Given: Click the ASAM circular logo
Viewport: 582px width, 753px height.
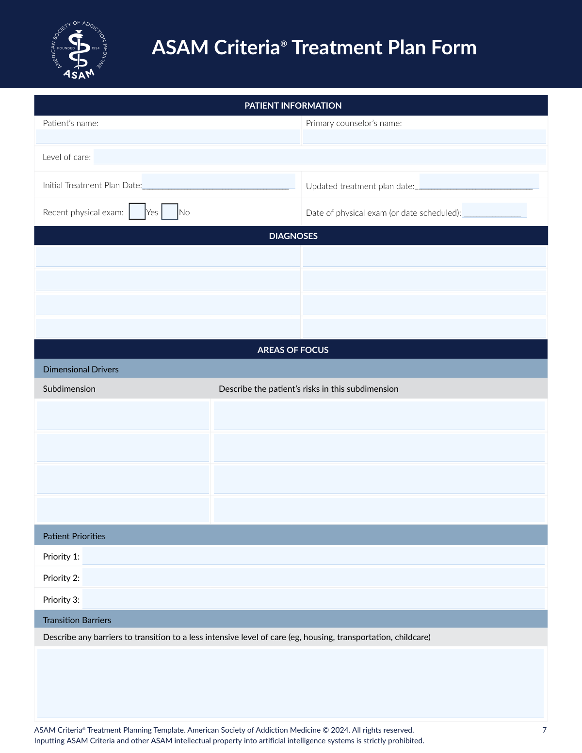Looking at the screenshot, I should (x=79, y=50).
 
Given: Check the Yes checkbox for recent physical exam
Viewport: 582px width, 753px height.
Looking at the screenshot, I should (x=137, y=211).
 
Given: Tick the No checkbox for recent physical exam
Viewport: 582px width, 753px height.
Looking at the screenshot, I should (x=170, y=211).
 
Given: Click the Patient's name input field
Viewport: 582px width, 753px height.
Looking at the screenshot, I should (x=167, y=136).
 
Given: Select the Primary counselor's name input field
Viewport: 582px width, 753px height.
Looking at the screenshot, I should (x=424, y=136).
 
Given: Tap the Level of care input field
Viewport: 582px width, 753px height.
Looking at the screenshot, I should (x=320, y=157).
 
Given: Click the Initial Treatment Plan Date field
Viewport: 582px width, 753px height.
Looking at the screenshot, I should (x=218, y=181).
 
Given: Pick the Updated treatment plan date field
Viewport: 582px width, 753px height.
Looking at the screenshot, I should (x=479, y=181).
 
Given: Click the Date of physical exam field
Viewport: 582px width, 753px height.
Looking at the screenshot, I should (x=494, y=210).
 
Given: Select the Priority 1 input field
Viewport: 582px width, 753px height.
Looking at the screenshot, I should (x=313, y=556).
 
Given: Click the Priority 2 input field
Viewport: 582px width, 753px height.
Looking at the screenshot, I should (x=313, y=577).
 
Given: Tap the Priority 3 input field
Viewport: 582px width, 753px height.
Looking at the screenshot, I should (x=313, y=599).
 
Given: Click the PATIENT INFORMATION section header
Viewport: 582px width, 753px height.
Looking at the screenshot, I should (x=293, y=106).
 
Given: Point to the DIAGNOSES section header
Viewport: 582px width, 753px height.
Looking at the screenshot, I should (x=293, y=236).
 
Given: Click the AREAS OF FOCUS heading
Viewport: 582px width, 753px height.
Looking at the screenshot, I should (x=293, y=350).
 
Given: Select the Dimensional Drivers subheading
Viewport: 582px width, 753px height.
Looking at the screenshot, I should (x=81, y=369).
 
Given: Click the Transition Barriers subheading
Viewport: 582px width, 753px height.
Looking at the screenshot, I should (x=77, y=620).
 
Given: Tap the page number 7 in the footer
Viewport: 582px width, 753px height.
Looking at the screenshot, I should (x=544, y=730).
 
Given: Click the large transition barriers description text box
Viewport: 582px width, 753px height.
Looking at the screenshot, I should (x=291, y=683).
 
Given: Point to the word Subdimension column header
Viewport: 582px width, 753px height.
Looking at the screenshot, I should (x=69, y=389).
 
